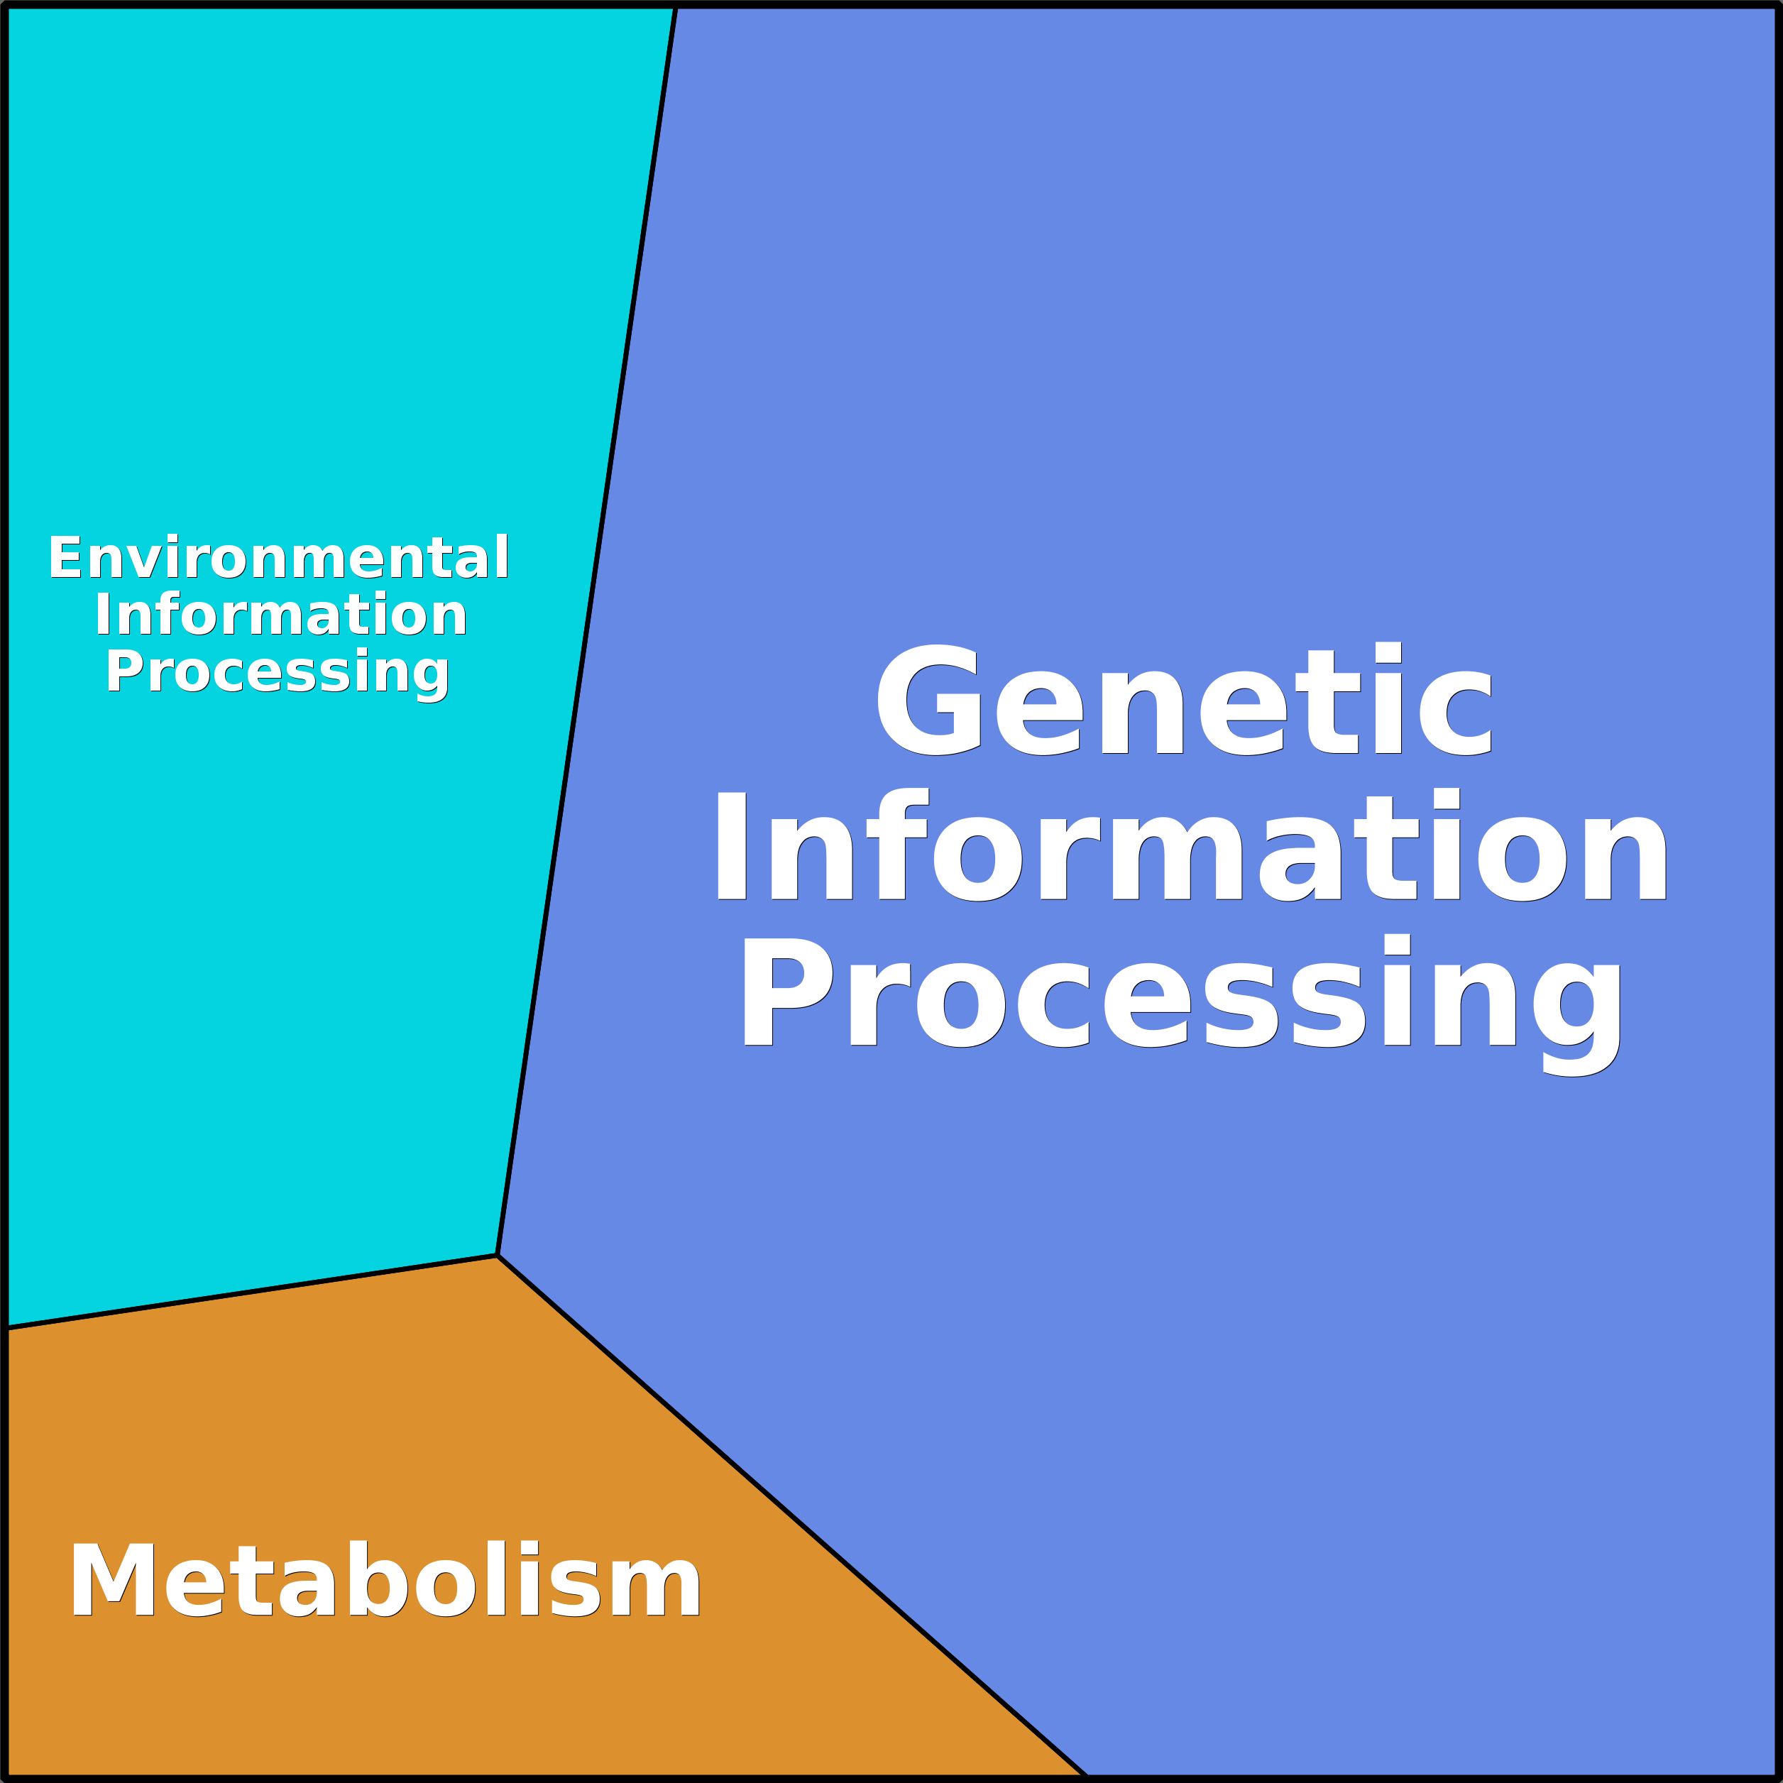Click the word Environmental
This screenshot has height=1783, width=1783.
point(278,557)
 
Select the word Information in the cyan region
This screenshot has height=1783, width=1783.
point(280,615)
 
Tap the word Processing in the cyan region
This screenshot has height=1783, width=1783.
point(277,672)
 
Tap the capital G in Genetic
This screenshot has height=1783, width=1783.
point(928,700)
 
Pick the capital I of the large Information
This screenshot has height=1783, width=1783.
point(731,845)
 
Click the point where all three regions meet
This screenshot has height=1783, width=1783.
point(498,1255)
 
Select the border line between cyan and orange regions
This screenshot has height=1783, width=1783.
point(249,1292)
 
